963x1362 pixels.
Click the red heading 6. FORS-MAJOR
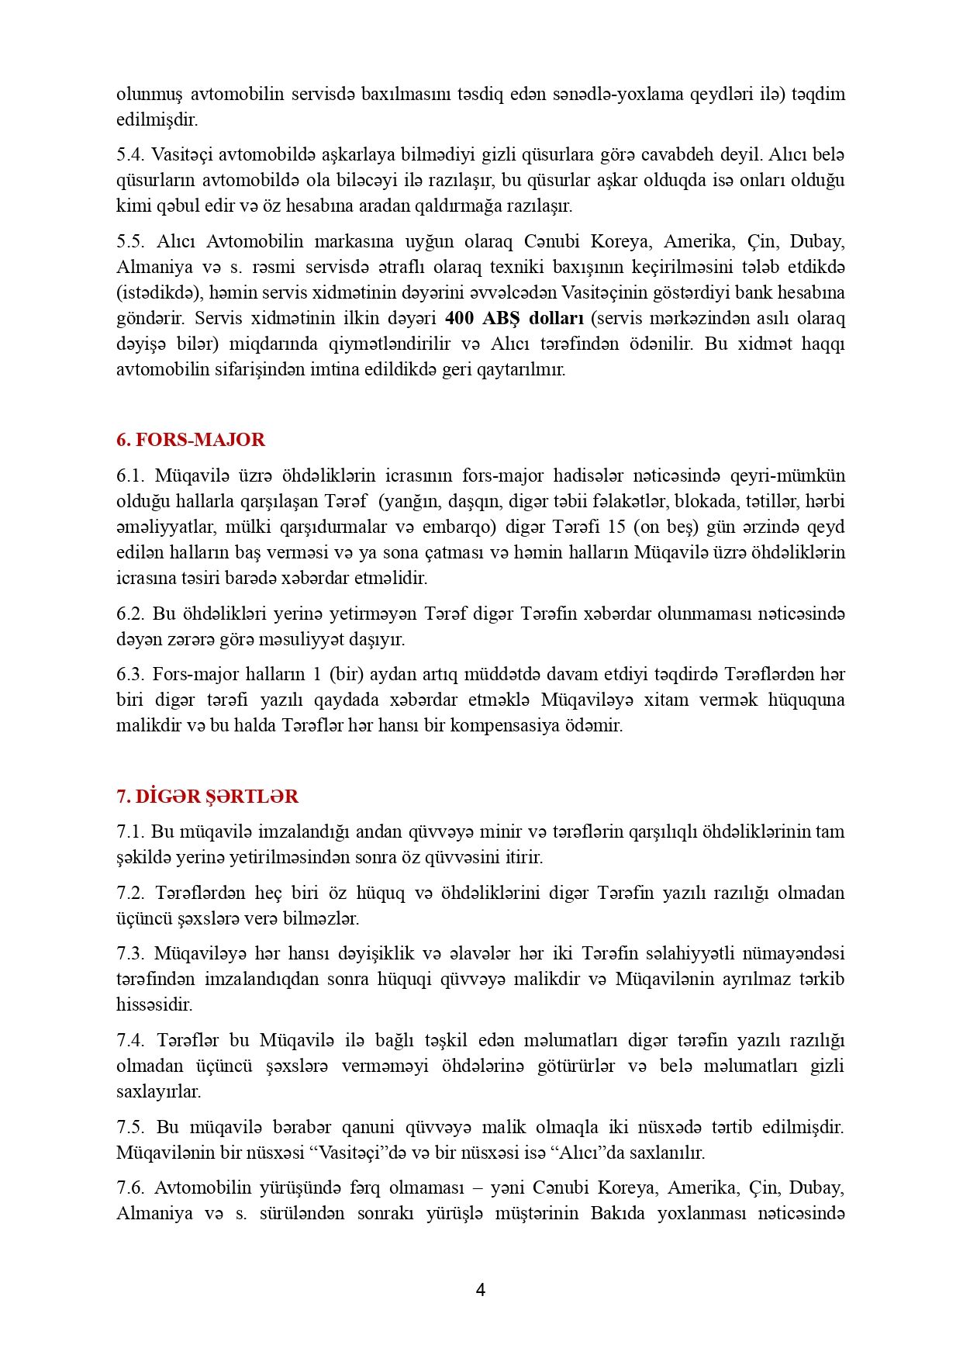pos(191,440)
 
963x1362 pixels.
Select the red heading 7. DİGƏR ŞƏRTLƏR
pos(207,797)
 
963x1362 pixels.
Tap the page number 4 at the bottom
pos(481,1290)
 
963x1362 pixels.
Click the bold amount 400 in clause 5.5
pos(458,319)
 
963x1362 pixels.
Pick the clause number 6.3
pos(130,675)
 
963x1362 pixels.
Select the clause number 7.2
pos(130,893)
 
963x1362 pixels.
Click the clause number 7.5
pos(130,1127)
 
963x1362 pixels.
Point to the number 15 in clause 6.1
pos(616,527)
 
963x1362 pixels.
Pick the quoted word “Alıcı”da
pos(587,1153)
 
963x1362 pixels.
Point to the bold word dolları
pos(556,319)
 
